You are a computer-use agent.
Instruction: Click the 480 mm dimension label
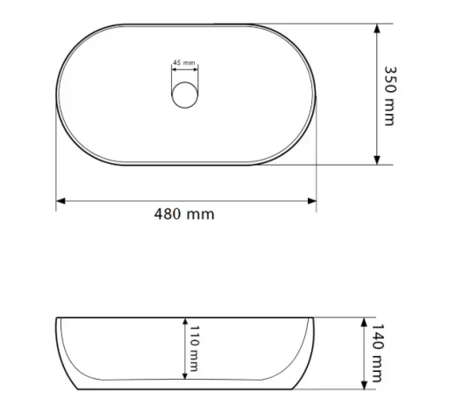coord(184,214)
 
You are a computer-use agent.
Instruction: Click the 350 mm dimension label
coord(389,96)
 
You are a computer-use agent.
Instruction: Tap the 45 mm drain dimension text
coord(184,62)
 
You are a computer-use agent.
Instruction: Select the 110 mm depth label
coord(194,348)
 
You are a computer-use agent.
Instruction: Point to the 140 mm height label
coord(377,353)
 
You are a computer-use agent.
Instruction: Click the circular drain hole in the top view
coord(185,95)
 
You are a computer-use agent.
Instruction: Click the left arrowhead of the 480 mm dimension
coord(61,201)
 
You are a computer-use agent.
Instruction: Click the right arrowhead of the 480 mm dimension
coord(312,201)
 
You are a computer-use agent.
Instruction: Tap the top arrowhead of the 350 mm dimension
coord(377,29)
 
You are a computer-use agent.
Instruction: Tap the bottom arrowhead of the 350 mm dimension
coord(377,160)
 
